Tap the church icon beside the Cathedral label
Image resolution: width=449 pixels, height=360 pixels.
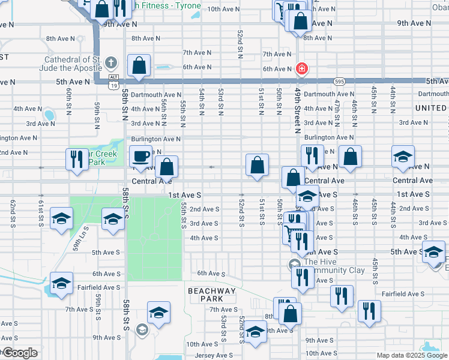110,62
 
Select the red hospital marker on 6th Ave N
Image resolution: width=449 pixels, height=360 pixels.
301,68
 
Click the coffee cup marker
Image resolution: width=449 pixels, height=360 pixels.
140,157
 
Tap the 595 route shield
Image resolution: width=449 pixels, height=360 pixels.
340,81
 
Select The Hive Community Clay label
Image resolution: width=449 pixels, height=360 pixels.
334,266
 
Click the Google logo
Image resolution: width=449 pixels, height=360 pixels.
19,353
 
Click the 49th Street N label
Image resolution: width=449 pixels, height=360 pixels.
297,109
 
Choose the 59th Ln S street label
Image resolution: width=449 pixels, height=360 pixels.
80,238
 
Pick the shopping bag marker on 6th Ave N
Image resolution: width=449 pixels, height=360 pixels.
139,67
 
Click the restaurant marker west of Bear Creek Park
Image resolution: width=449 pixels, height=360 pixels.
77,160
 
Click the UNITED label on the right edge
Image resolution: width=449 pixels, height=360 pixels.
430,108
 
